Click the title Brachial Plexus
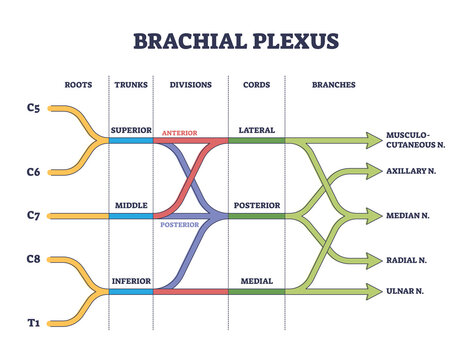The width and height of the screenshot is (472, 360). point(236,41)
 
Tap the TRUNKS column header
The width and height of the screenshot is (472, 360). point(130,84)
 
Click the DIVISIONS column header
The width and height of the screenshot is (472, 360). point(189,84)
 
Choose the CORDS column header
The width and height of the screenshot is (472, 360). point(256,84)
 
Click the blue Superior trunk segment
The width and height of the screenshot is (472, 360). point(130,141)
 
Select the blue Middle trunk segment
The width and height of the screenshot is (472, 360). point(130,215)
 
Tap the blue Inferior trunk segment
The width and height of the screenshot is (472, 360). point(130,291)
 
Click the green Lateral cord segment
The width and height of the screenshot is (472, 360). point(256,141)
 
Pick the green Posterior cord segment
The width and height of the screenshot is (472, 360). point(256,215)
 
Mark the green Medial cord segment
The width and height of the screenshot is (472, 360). point(256,291)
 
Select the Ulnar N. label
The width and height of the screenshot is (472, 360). point(404,291)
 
